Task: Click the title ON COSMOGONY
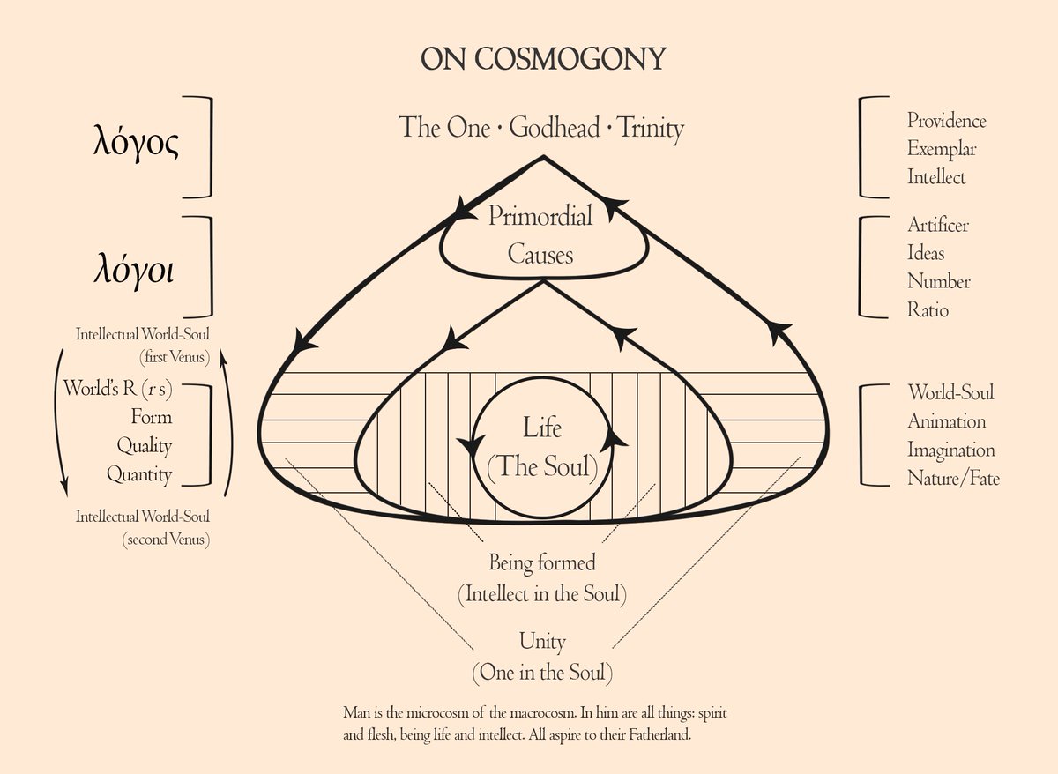542,59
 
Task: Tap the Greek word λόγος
136,144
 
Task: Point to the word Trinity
651,128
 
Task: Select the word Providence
946,121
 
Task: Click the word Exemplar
942,149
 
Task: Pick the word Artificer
938,225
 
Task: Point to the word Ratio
928,309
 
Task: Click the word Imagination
951,450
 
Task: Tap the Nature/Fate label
953,479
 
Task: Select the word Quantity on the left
139,474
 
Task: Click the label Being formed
542,562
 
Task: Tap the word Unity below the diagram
542,641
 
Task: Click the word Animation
946,421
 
